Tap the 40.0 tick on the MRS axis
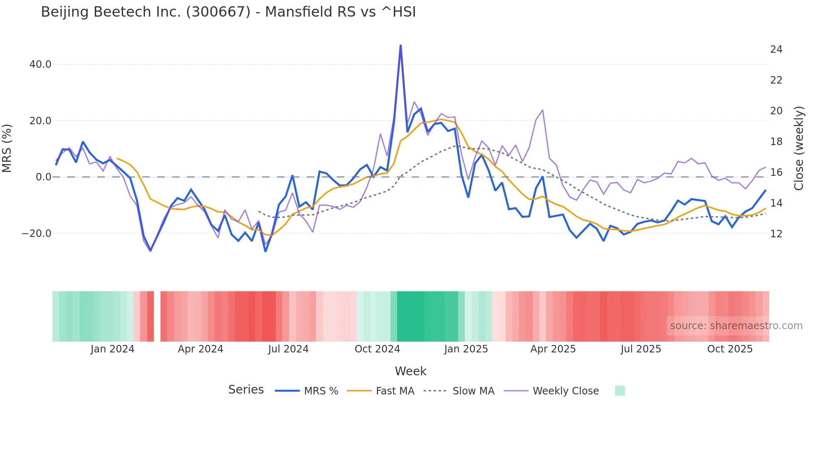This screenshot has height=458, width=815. click(40, 64)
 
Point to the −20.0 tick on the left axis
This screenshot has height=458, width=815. click(37, 233)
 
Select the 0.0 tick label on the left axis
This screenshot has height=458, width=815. click(44, 177)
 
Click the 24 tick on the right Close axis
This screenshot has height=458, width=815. click(776, 49)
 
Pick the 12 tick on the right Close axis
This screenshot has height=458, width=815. click(776, 234)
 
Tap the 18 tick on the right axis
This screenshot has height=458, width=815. click(776, 142)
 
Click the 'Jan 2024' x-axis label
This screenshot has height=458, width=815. click(112, 349)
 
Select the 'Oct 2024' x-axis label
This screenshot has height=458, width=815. click(377, 349)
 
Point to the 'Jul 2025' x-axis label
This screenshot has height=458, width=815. click(641, 349)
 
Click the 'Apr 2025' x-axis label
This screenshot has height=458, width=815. click(553, 349)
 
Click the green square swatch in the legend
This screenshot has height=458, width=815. click(620, 391)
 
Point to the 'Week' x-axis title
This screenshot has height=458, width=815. click(410, 371)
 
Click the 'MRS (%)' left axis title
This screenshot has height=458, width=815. click(7, 148)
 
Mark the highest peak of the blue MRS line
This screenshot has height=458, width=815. click(400, 45)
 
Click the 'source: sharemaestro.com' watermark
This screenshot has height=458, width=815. click(736, 326)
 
